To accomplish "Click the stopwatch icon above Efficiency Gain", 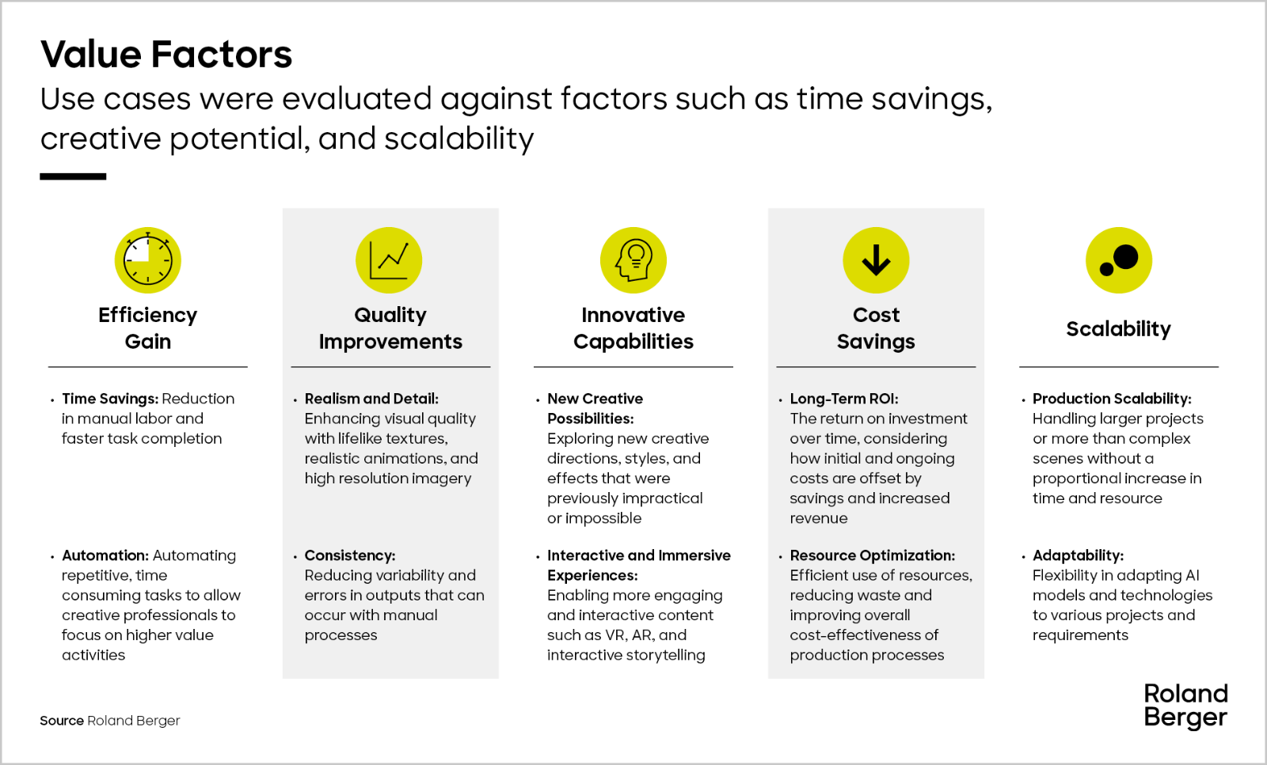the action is coord(147,260).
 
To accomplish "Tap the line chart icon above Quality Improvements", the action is coord(389,260).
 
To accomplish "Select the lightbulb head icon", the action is coord(633,260).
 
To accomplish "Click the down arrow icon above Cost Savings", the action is coord(876,260).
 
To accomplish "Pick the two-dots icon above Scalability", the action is coord(1119,260).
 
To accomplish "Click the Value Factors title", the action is coord(166,55).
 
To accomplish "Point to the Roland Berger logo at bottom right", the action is coord(1185,706).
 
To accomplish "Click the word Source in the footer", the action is coord(62,721).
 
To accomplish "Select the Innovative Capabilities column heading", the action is coord(633,328).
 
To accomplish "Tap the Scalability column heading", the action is coord(1119,329).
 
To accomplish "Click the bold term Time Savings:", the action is coord(110,399).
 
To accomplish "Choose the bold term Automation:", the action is coord(105,555).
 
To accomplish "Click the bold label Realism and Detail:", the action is coord(371,399).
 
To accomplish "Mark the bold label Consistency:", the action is coord(350,555).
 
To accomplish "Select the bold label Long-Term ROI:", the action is coord(844,399).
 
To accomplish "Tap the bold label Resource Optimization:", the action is coord(872,555).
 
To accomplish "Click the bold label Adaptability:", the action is coord(1078,555).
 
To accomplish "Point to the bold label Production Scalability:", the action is coord(1112,399).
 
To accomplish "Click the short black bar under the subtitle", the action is coord(73,176).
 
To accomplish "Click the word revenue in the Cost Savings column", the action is coord(819,519).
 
